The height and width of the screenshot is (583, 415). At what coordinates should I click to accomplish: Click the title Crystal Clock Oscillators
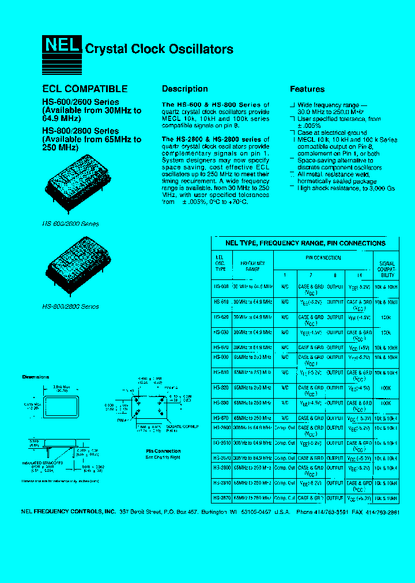[159, 49]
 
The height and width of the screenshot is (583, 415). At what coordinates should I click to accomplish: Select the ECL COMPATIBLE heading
[85, 89]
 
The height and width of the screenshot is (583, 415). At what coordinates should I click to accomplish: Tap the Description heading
[184, 89]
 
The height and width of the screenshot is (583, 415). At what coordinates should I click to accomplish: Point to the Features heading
[307, 89]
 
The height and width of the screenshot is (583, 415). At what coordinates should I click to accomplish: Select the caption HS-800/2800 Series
[71, 306]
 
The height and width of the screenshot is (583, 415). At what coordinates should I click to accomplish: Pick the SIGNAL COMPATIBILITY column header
[386, 267]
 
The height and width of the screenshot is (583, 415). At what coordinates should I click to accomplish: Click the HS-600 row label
[221, 286]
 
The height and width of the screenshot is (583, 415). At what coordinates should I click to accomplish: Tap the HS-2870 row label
[221, 497]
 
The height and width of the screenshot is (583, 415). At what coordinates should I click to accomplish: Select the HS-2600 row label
[221, 428]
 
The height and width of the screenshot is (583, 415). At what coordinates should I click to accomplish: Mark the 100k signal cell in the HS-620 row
[386, 317]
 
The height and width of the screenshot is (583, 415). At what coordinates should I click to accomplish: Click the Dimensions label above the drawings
[36, 377]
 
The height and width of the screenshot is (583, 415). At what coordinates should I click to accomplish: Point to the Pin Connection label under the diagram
[163, 451]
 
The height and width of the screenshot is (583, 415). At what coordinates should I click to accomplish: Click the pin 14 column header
[359, 275]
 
